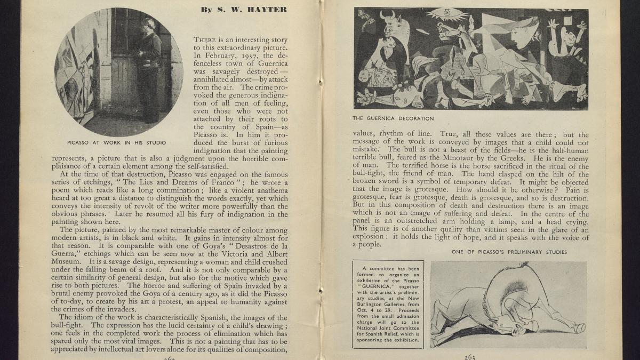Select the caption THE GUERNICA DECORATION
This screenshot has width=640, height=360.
coord(393,118)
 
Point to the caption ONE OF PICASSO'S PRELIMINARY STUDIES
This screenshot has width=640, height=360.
coord(509,252)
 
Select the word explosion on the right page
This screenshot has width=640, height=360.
coord(369,236)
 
